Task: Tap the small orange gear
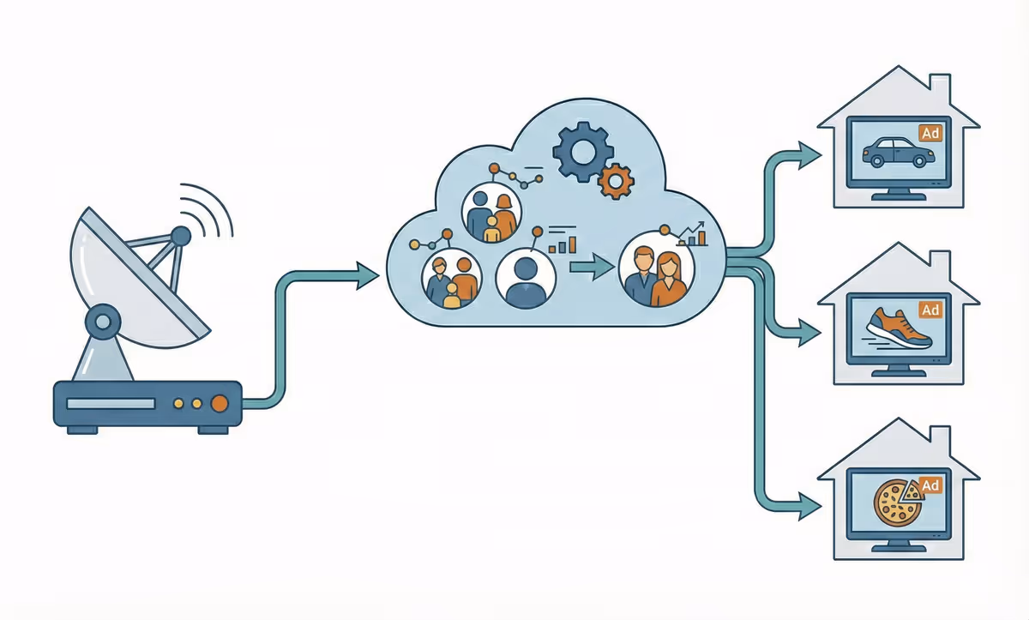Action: (614, 181)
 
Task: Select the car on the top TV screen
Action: (897, 153)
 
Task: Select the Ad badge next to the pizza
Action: (930, 485)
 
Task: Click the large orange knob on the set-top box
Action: (220, 402)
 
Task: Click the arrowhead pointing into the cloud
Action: (367, 276)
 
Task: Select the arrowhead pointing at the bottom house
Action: (809, 505)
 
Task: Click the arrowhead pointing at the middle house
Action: (809, 330)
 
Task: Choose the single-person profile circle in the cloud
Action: (526, 279)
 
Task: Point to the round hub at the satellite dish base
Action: (102, 322)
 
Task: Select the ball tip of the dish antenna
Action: (181, 233)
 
